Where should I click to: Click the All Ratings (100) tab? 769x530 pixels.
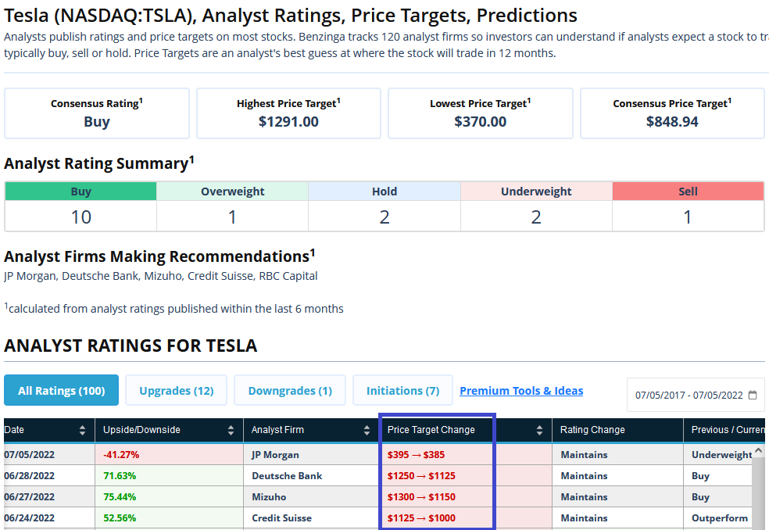[61, 391]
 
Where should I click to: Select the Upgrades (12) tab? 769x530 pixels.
[176, 391]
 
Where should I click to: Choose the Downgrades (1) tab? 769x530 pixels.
[290, 391]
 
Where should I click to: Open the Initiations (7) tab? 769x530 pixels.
[402, 391]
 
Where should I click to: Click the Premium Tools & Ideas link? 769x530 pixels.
[521, 391]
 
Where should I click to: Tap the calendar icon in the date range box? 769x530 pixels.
[753, 395]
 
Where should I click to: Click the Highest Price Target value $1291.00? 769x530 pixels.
[288, 122]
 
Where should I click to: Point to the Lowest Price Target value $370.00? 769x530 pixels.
[480, 122]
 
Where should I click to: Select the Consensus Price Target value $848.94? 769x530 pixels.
[672, 122]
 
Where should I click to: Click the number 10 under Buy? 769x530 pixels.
[81, 217]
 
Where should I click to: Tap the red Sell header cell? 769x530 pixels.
[688, 192]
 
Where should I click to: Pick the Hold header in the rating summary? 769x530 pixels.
[384, 192]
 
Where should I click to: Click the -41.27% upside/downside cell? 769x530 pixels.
[120, 454]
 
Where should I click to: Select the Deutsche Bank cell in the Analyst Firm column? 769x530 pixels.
[287, 475]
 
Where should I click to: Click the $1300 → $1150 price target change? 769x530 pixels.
[421, 496]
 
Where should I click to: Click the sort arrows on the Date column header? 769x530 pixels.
[83, 430]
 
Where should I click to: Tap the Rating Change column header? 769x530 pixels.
[592, 430]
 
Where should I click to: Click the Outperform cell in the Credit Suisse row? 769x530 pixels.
[719, 517]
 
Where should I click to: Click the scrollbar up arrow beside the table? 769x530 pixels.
[758, 451]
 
